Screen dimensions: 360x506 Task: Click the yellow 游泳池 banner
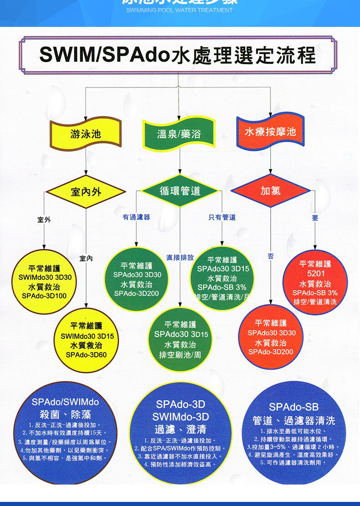coord(86,134)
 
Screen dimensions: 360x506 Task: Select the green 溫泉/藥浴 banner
coord(179,134)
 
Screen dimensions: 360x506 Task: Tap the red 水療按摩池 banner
coord(270,132)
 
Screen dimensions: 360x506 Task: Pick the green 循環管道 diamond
coord(180,190)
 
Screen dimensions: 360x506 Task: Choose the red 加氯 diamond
coord(270,191)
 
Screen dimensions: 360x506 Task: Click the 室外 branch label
coord(44,220)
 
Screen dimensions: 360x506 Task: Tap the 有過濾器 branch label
coord(136,218)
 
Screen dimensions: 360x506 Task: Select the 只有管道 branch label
coord(222,218)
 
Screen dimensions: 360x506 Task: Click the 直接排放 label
coord(180,258)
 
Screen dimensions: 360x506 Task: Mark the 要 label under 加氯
coord(315,218)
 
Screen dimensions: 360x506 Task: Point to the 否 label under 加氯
coord(271,257)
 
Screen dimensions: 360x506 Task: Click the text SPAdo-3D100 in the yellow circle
coord(44,296)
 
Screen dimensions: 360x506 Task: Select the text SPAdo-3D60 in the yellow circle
coord(86,355)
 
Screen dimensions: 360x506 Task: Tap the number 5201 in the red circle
coord(316,274)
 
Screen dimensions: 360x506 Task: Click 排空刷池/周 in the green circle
coord(180,355)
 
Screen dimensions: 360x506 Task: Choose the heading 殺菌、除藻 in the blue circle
coord(65,414)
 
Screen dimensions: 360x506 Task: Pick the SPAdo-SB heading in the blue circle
coord(293,407)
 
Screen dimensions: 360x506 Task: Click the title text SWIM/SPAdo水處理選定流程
coord(178,55)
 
